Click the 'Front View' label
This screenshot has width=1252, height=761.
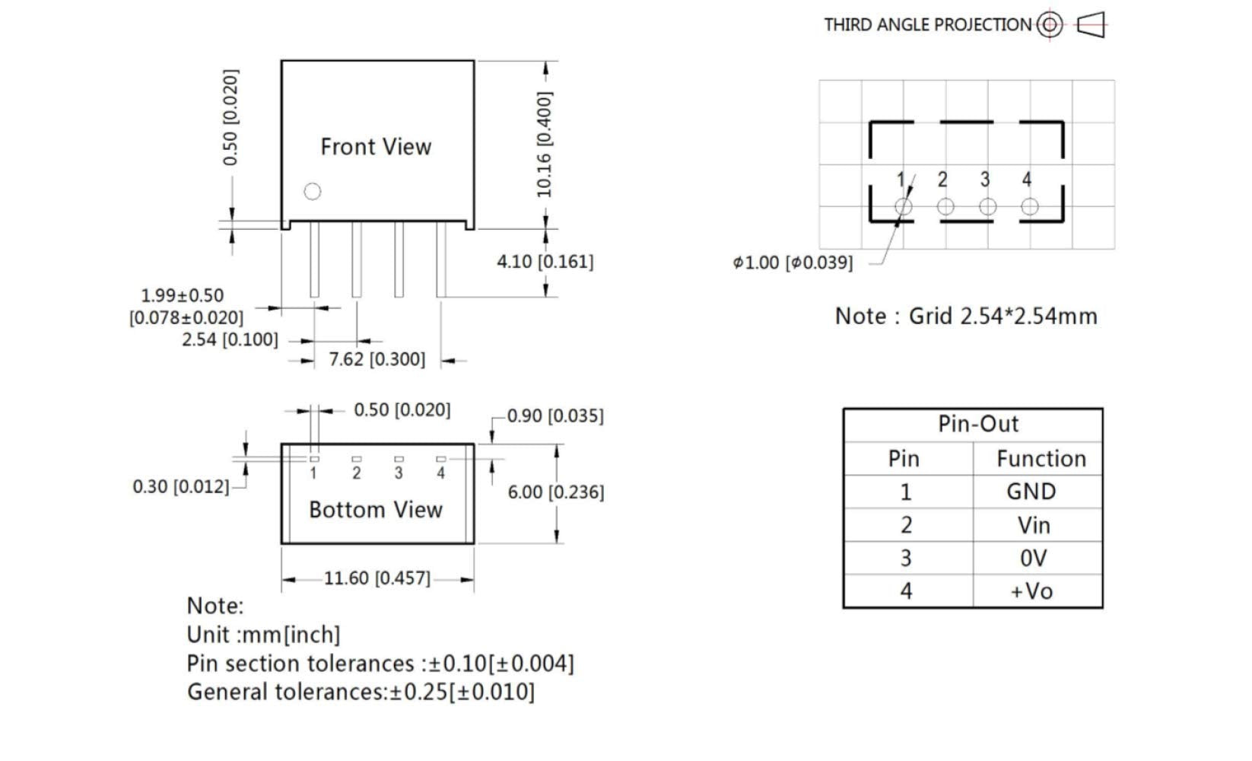tap(376, 147)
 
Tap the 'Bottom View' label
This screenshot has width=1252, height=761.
tap(376, 510)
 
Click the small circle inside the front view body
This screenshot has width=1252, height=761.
tap(313, 192)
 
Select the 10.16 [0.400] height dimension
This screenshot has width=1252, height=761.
tap(545, 145)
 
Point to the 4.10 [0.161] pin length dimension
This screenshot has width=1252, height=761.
tap(545, 262)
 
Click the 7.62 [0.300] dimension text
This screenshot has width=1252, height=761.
tap(377, 359)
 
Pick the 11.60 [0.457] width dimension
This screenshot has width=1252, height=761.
tap(377, 578)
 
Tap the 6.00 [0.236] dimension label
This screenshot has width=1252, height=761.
tap(556, 492)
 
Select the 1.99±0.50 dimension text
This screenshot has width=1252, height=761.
tap(183, 296)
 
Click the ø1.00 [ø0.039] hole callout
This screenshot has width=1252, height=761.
tap(793, 263)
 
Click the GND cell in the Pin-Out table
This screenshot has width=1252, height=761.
tap(1031, 492)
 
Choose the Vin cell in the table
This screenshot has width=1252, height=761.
tap(1033, 525)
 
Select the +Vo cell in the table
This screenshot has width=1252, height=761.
tap(1031, 591)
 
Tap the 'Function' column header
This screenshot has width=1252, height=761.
tap(1041, 459)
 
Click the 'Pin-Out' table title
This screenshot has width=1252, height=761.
tap(977, 424)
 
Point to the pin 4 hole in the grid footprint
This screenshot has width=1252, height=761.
tap(1029, 206)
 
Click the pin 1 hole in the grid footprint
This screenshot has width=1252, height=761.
tap(903, 206)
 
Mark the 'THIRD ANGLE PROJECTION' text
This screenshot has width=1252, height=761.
tap(927, 25)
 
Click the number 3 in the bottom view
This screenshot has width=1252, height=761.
tap(399, 473)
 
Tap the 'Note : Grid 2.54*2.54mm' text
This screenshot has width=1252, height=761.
tap(966, 317)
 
